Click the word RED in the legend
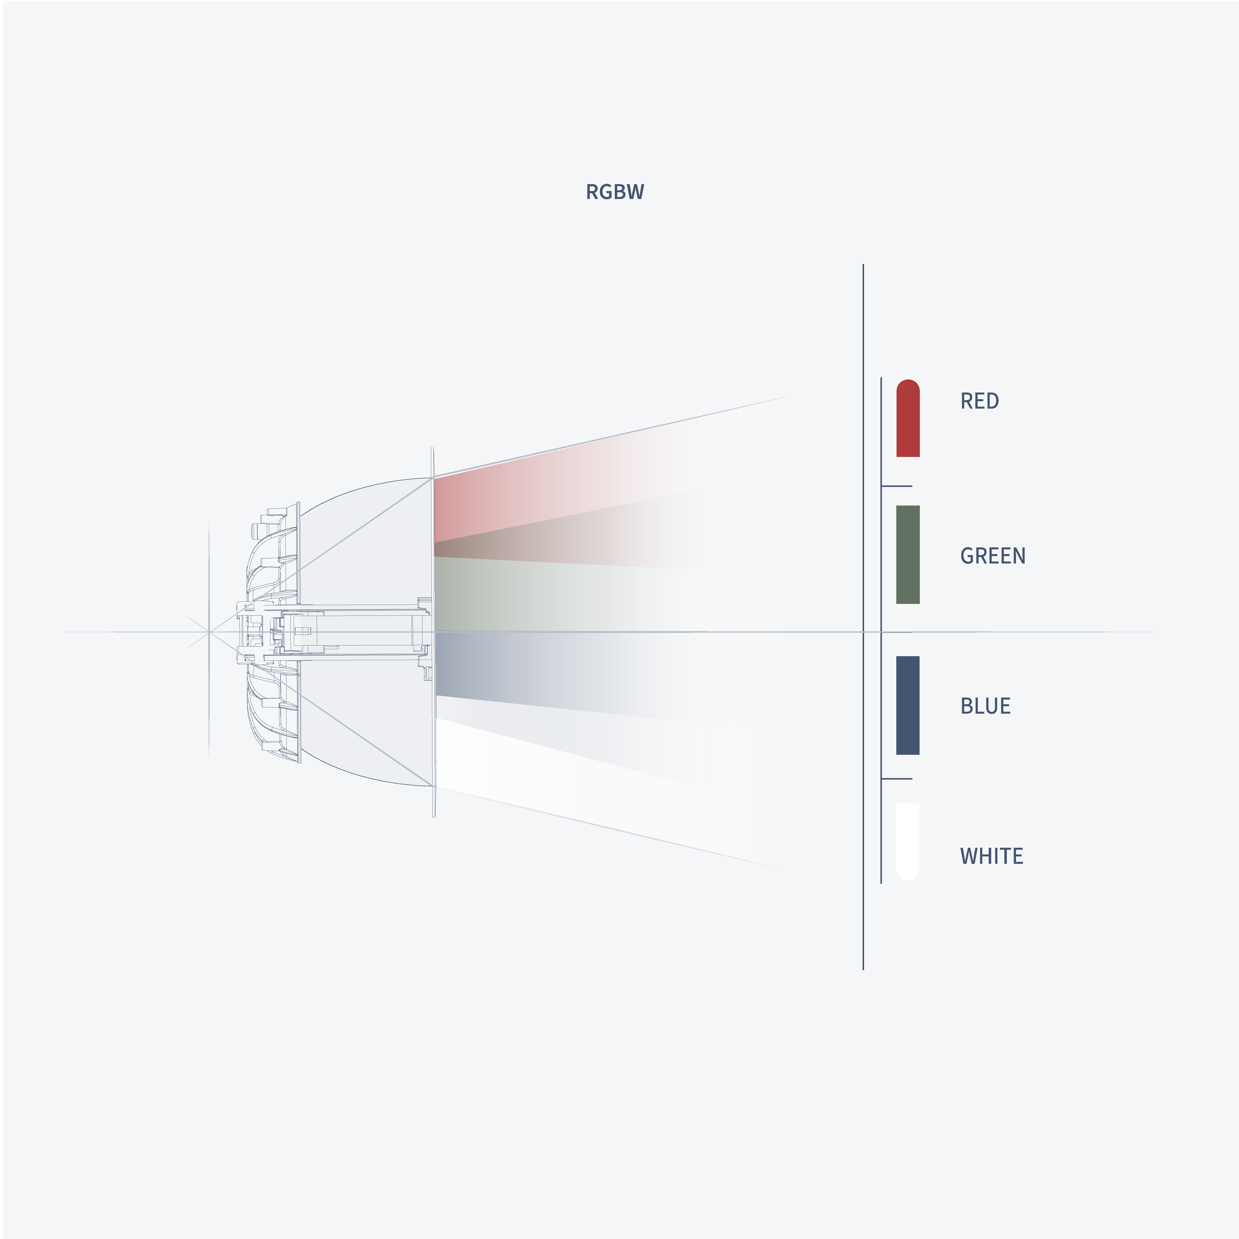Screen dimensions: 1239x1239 979,401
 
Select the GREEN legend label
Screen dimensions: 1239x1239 993,555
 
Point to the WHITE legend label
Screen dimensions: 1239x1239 991,856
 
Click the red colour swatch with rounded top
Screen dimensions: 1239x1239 907,418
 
